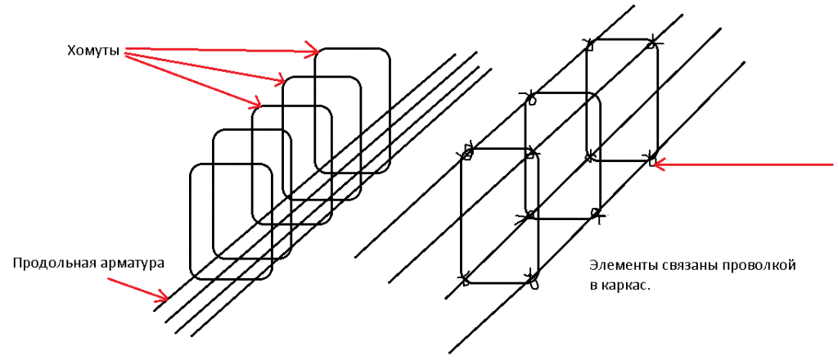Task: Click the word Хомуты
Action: tap(92, 52)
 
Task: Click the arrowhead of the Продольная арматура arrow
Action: tap(163, 295)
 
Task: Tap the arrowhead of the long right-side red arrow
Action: tap(660, 164)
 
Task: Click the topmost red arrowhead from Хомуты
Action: tap(313, 50)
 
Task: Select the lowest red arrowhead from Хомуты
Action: tap(255, 101)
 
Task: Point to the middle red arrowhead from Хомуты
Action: tap(280, 81)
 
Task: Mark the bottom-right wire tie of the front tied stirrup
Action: tap(532, 279)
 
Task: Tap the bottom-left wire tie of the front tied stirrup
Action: tap(465, 279)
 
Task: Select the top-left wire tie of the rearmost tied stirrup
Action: tap(590, 44)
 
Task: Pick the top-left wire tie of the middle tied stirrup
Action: tap(529, 97)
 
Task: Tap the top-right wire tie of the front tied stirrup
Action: tap(530, 153)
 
